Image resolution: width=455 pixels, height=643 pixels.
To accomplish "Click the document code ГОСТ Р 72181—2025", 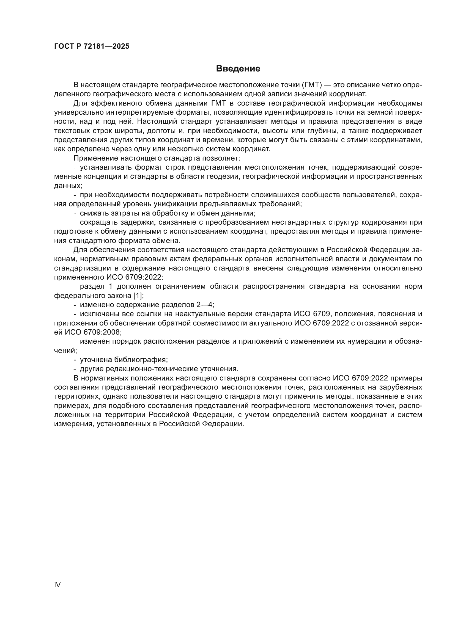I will [x=92, y=46].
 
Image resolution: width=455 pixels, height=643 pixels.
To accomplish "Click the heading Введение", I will [x=238, y=69].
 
